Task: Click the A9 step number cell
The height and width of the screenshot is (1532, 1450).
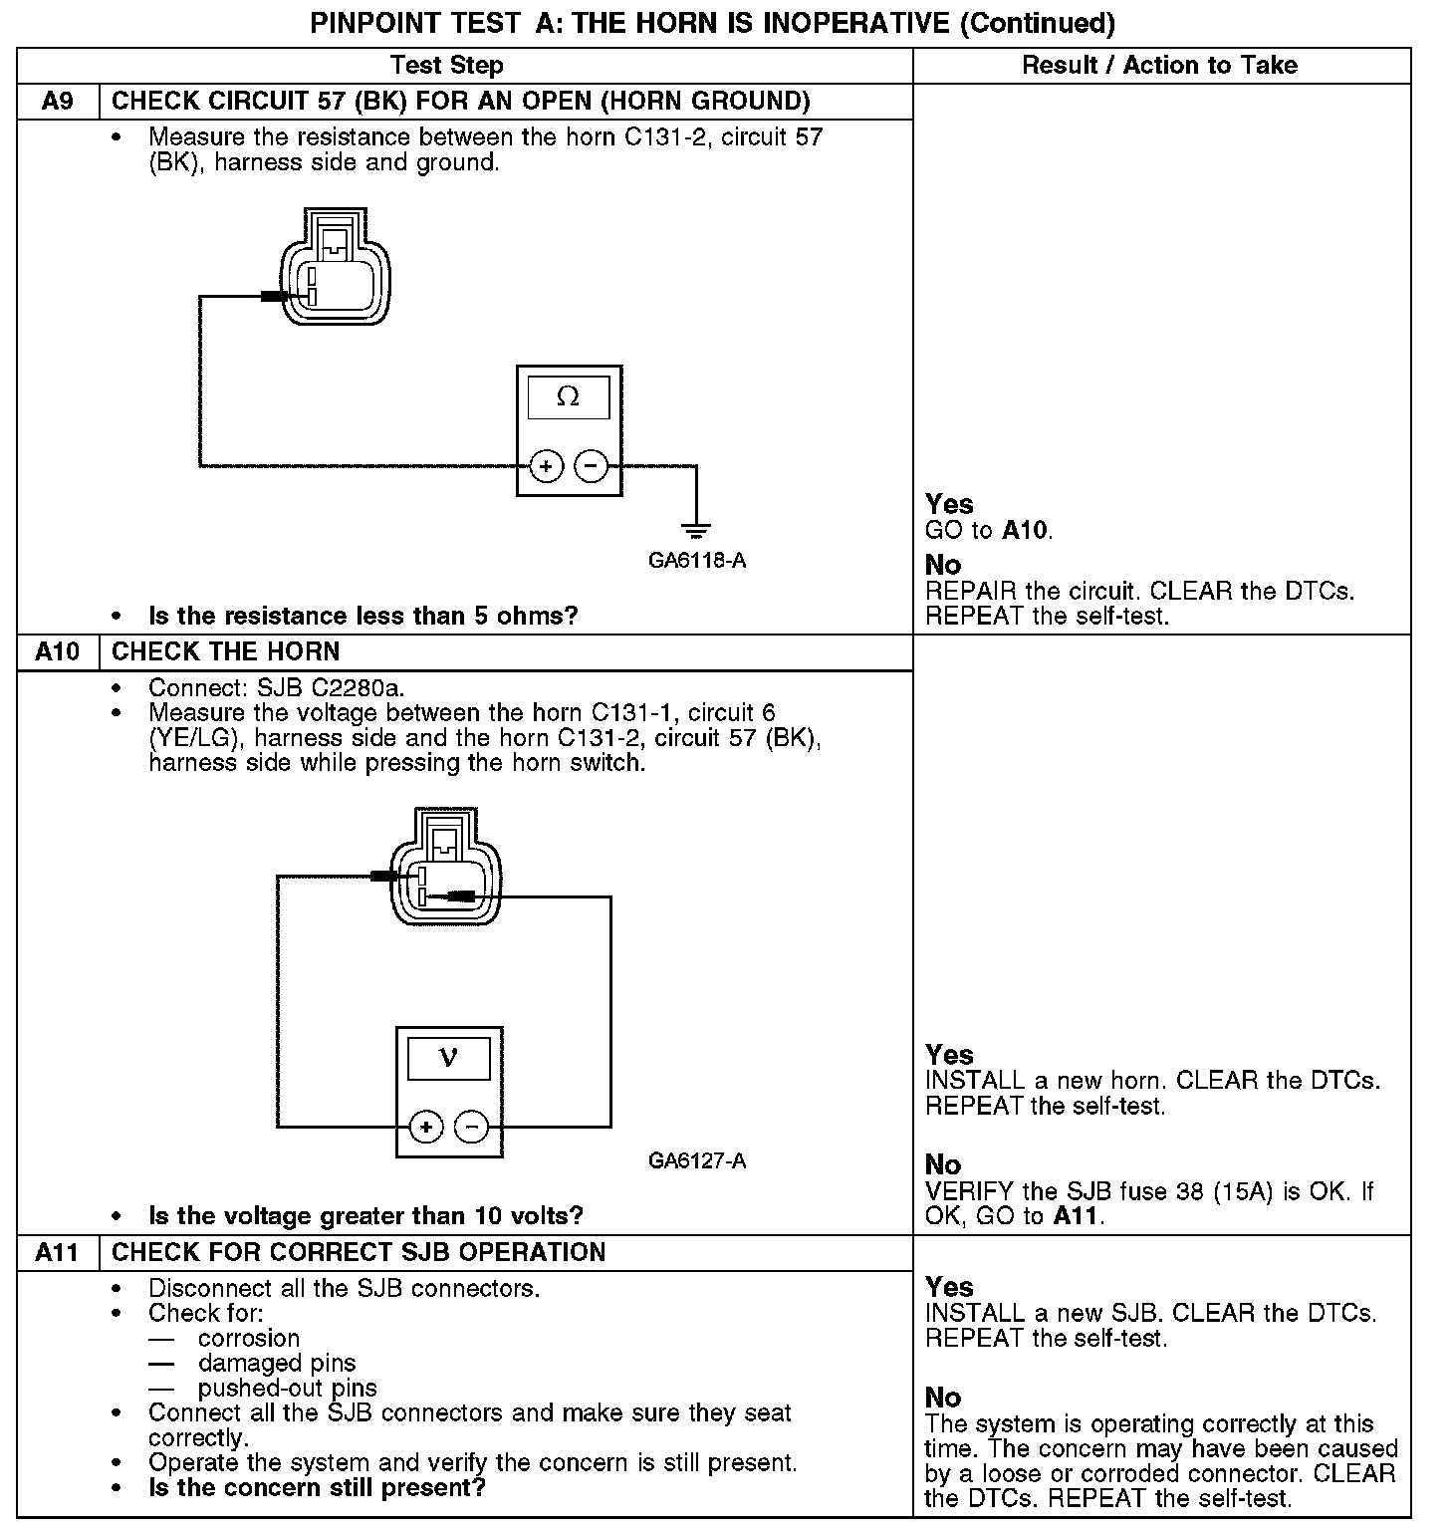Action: [58, 102]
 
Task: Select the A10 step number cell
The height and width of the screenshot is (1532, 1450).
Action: [58, 651]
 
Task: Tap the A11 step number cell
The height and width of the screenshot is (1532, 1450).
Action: [58, 1252]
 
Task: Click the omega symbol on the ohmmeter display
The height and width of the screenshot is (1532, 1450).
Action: [568, 396]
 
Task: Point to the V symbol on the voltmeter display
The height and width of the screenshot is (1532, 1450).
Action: [448, 1057]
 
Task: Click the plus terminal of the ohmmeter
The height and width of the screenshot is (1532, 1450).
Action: [546, 465]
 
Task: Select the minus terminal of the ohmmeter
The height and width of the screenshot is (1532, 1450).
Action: [592, 465]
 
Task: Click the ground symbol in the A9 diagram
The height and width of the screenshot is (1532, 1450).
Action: [696, 529]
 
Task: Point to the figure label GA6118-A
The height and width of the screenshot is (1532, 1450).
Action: [697, 560]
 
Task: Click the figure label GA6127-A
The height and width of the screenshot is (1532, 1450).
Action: [697, 1160]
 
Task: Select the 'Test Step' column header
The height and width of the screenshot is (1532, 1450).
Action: [447, 66]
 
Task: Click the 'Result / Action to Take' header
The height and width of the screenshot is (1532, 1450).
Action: [1160, 66]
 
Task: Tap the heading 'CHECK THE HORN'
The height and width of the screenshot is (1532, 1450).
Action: [226, 651]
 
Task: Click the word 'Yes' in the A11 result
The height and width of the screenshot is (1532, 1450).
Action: [949, 1287]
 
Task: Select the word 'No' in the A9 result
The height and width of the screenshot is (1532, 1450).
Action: [943, 565]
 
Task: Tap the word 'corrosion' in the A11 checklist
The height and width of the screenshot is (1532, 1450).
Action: [249, 1338]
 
